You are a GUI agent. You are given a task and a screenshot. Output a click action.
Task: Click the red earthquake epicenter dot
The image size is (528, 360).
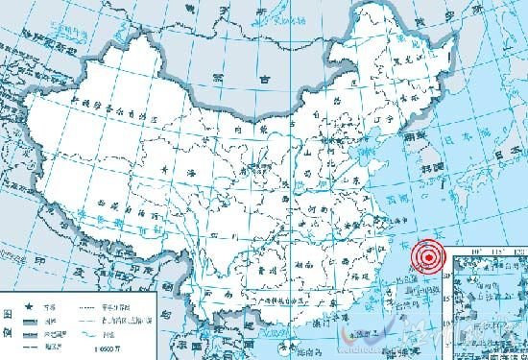coord(428,256)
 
